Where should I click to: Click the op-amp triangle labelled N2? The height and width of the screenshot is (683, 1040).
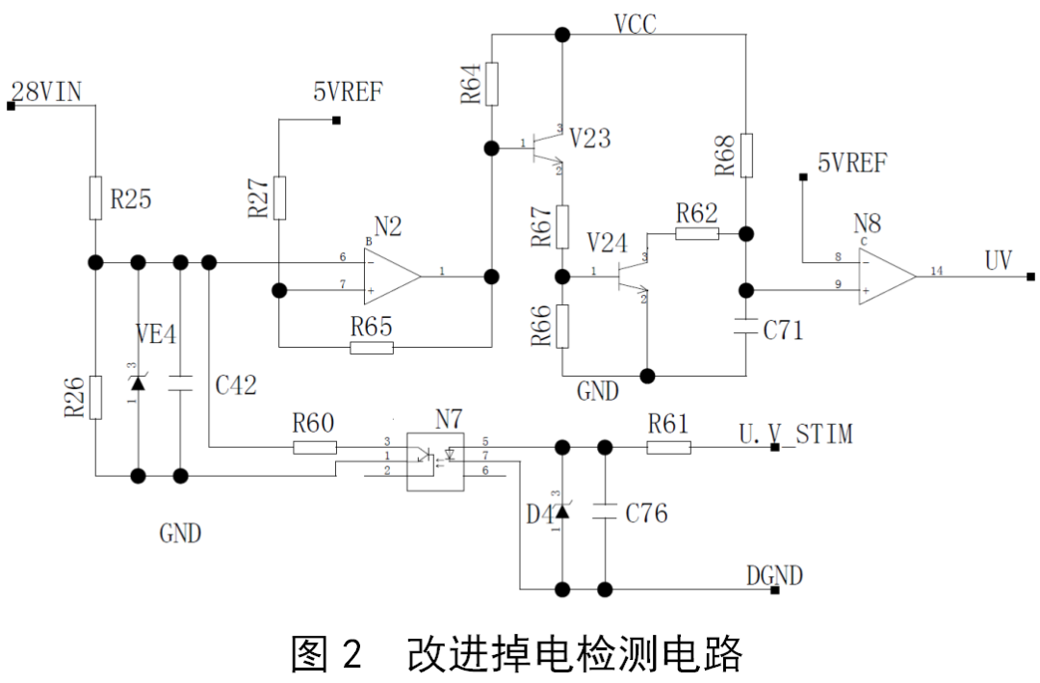391,276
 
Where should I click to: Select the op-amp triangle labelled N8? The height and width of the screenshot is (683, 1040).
887,276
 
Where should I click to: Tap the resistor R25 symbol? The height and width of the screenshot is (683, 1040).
95,197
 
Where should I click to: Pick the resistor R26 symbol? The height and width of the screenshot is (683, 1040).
96,398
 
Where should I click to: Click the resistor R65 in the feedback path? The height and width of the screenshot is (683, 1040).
372,347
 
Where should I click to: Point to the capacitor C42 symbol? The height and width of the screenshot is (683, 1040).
180,383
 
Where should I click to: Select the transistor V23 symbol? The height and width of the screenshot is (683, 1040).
547,148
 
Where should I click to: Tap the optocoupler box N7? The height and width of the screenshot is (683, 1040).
435,462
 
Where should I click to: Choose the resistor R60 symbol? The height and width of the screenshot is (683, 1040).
315,447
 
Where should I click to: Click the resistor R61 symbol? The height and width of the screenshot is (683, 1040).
668,448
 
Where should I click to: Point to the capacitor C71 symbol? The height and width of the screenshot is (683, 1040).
746,328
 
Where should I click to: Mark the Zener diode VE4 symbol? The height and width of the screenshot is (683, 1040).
138,383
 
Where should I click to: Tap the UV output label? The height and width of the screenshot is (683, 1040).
999,260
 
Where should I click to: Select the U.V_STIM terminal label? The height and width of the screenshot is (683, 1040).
796,434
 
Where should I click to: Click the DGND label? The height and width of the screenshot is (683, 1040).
774,575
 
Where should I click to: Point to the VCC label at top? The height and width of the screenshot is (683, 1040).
636,24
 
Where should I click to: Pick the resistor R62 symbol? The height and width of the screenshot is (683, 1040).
697,234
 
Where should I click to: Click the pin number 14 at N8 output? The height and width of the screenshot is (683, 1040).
937,271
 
